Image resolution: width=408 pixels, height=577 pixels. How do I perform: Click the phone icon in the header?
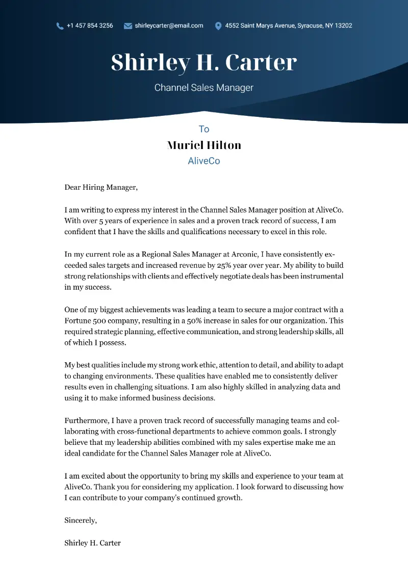pos(60,26)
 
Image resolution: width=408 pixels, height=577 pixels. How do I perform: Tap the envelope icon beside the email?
pos(128,26)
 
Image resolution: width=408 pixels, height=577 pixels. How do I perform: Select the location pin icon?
pos(218,26)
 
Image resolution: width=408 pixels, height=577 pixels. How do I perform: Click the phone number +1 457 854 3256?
pos(90,26)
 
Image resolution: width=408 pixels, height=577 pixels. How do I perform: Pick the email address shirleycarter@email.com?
pos(169,26)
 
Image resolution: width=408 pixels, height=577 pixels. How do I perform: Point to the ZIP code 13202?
pos(343,26)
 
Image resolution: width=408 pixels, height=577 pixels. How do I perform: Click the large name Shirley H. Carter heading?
pos(204,62)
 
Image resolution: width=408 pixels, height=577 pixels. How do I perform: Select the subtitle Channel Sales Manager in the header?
pos(204,88)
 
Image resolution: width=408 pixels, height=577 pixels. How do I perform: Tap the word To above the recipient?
pos(204,129)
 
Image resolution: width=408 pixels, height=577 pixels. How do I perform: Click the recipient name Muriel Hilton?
pos(204,145)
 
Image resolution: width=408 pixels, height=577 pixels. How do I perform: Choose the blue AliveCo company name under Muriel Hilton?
pos(204,161)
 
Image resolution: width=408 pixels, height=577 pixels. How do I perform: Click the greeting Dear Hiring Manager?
pos(101,187)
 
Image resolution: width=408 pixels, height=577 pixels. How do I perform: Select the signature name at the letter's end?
pos(92,543)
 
